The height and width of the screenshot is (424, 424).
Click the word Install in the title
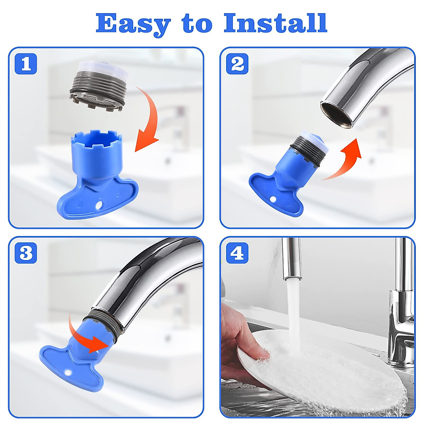276,23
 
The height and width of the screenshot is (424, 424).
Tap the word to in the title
197,25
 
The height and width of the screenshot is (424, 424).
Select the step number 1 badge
26,64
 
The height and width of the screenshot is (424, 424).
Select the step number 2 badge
237,64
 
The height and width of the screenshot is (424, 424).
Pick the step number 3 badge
26,253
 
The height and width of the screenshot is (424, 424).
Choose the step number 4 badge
237,253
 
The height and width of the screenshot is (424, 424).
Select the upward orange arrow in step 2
346,162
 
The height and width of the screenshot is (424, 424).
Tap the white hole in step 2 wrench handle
273,199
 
